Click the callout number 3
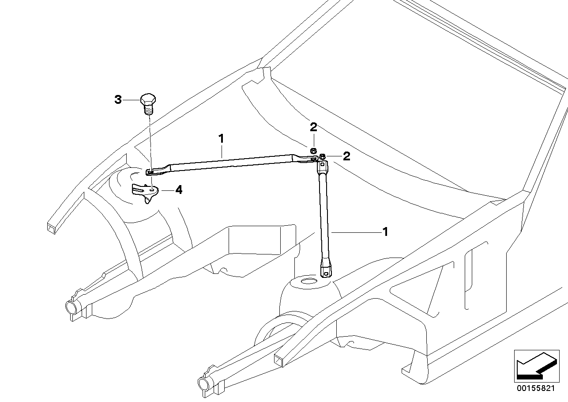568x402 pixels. click(x=118, y=100)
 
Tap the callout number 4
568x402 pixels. click(x=178, y=190)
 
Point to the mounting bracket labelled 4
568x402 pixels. click(x=145, y=191)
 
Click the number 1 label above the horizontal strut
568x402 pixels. click(x=221, y=138)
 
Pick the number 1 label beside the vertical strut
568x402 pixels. click(x=385, y=231)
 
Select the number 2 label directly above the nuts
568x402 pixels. click(x=313, y=128)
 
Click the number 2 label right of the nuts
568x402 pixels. click(x=346, y=156)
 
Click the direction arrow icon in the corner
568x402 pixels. click(x=535, y=365)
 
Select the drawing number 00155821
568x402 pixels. click(x=535, y=388)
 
